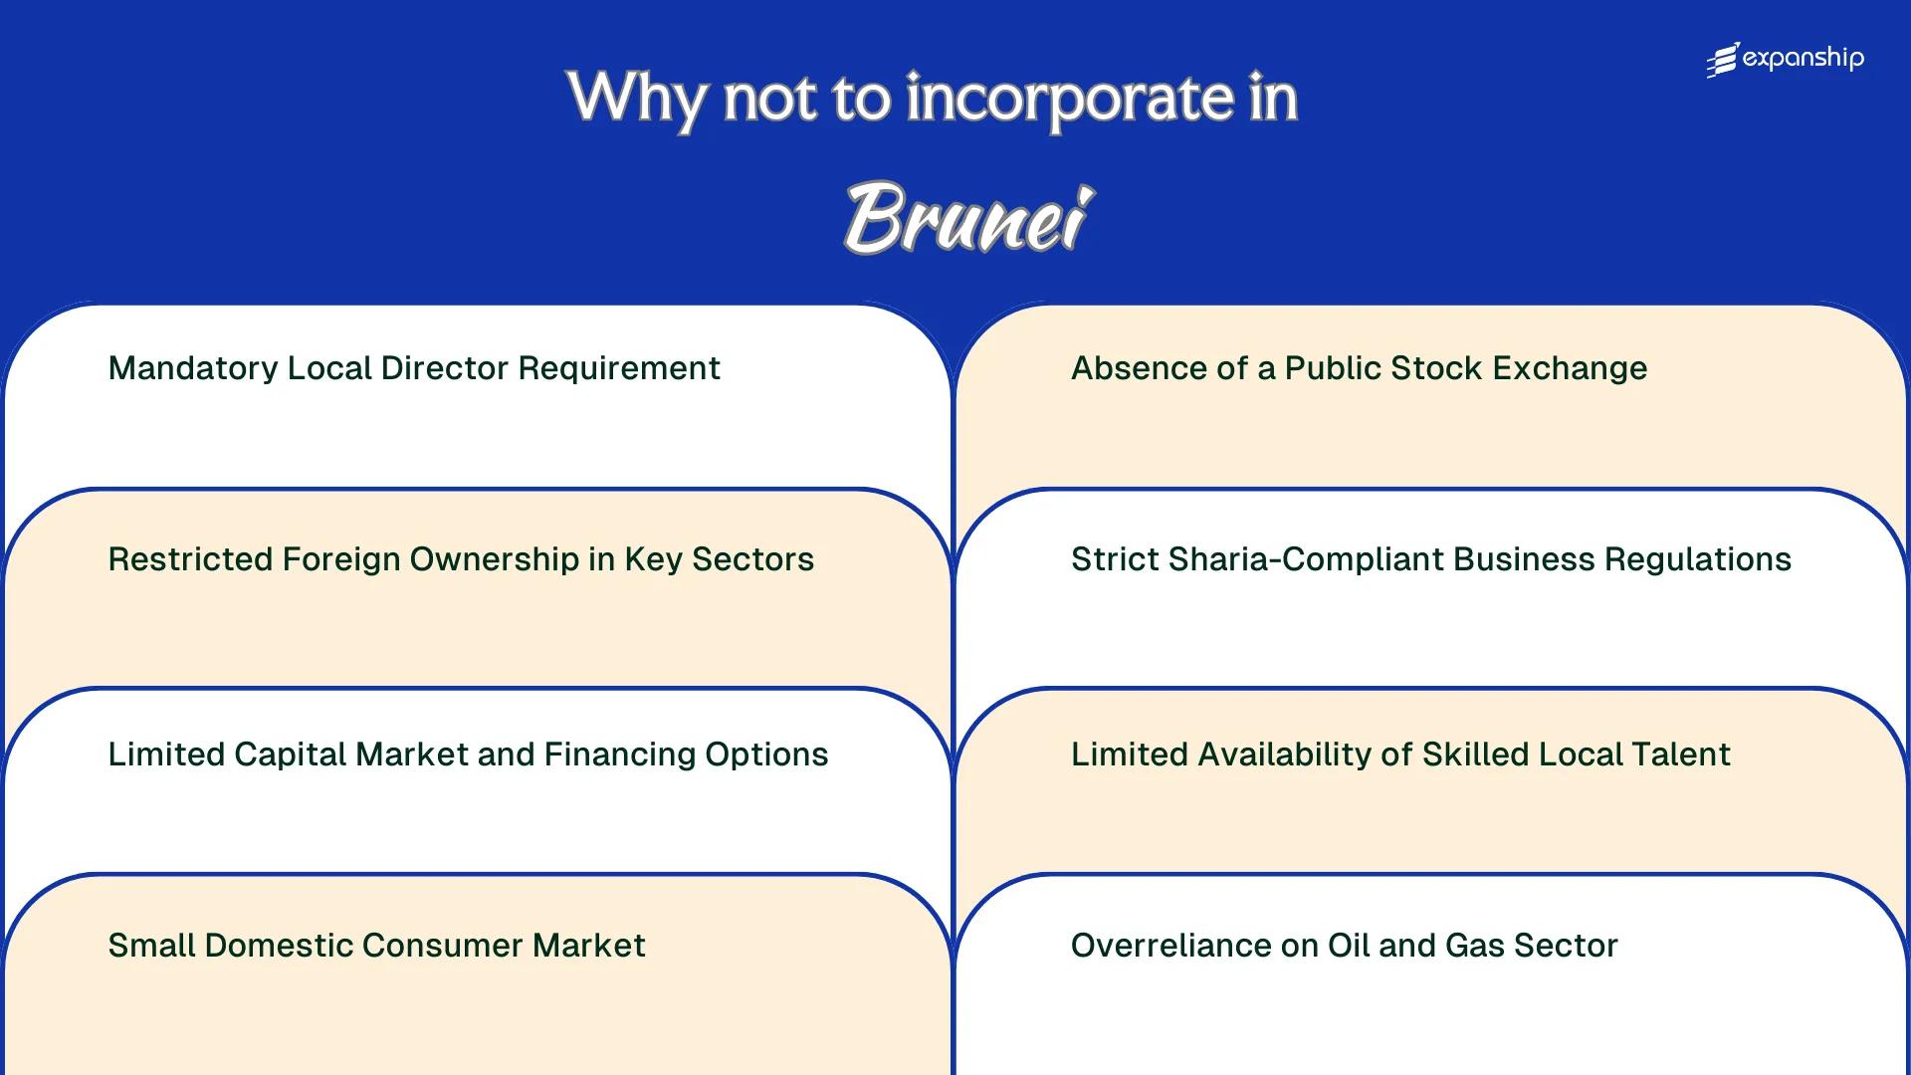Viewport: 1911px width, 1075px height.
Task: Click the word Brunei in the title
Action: [x=968, y=217]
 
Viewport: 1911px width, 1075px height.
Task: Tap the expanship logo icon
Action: [x=1723, y=60]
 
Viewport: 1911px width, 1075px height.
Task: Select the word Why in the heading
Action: [x=637, y=99]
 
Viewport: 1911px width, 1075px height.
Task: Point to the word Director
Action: [x=445, y=369]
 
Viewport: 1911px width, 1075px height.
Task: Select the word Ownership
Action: [x=494, y=559]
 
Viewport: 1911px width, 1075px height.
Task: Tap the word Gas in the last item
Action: [x=1475, y=946]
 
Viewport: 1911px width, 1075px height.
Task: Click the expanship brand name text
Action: [x=1803, y=59]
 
